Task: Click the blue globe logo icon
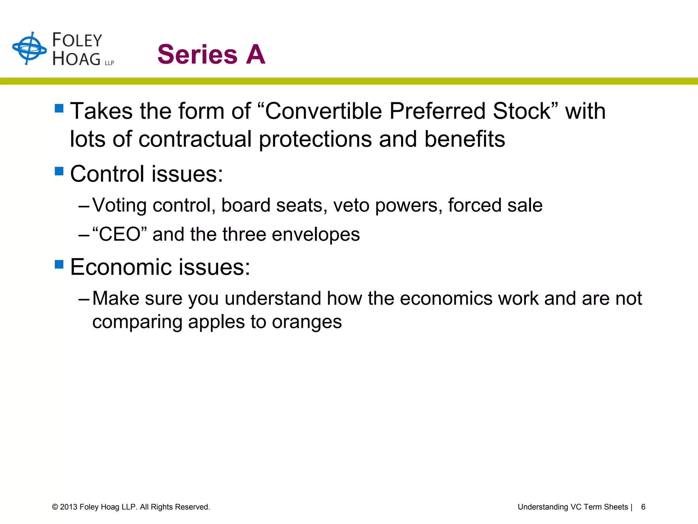pyautogui.click(x=29, y=48)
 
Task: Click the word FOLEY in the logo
pyautogui.click(x=77, y=40)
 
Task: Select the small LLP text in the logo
pyautogui.click(x=109, y=63)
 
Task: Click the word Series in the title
pyautogui.click(x=197, y=55)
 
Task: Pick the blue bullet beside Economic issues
pyautogui.click(x=59, y=264)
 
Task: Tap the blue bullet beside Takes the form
pyautogui.click(x=59, y=108)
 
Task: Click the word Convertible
pyautogui.click(x=323, y=111)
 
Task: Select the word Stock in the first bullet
pyautogui.click(x=522, y=111)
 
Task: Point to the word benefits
pyautogui.click(x=465, y=139)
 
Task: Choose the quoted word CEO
pyautogui.click(x=120, y=234)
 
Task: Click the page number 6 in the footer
pyautogui.click(x=643, y=507)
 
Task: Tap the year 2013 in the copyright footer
pyautogui.click(x=69, y=507)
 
